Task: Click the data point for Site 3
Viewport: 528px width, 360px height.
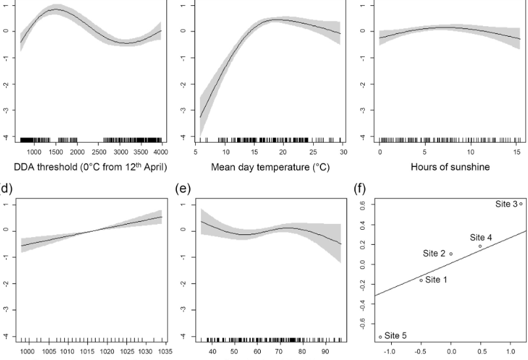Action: point(521,204)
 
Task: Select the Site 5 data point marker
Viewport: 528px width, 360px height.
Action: point(380,337)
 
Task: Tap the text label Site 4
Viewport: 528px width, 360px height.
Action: point(481,237)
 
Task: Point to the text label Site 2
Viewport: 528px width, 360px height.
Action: point(434,253)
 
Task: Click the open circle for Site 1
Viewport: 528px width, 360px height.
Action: point(421,280)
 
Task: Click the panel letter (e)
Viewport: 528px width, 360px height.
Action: point(184,191)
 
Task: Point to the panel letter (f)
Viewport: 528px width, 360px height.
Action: point(360,191)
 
